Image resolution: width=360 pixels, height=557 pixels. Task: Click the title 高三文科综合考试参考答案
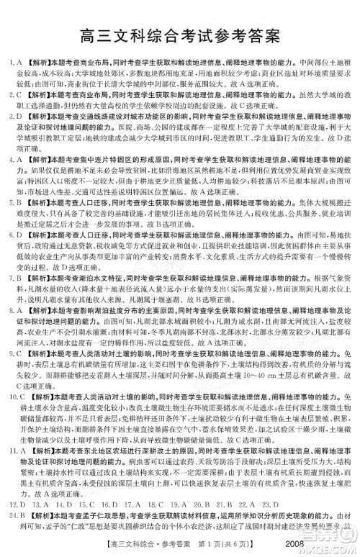click(x=180, y=34)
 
